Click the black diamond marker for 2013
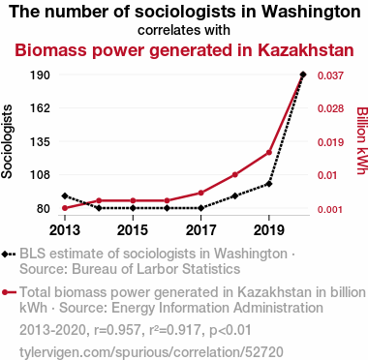point(65,195)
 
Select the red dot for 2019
point(269,152)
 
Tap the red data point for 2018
point(235,175)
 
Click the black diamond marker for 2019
point(269,184)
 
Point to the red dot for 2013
point(65,208)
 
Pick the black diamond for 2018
point(235,195)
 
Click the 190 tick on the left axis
point(40,75)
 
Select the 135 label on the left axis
point(40,141)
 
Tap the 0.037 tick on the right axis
point(330,75)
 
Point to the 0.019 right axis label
point(330,142)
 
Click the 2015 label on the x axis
point(133,230)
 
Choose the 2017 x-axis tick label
point(200,230)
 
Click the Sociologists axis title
point(7,141)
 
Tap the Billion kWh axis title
point(362,140)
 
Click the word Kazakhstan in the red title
point(306,50)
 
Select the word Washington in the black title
point(311,13)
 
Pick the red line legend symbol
point(9,292)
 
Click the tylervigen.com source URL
point(151,352)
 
